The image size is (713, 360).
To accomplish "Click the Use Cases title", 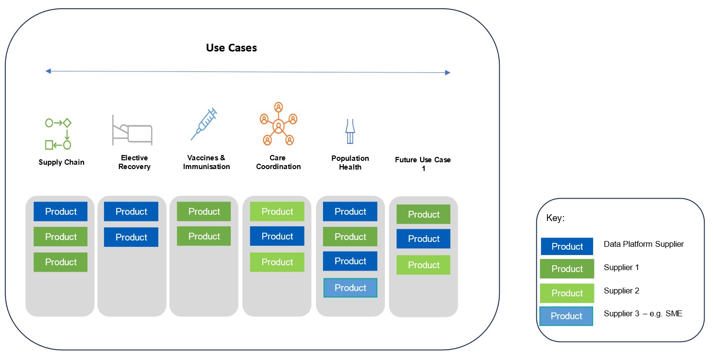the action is (x=231, y=48).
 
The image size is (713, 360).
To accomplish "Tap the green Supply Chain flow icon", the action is (x=58, y=134).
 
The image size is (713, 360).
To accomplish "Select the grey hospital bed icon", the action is (x=132, y=130).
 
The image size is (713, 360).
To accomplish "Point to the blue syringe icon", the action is (x=204, y=124).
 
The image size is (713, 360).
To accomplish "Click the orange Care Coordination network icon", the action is (x=278, y=124).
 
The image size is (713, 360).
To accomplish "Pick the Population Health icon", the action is (x=350, y=131).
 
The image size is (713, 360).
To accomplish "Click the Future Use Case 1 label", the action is (x=423, y=164).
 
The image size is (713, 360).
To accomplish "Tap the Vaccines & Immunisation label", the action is (x=206, y=162).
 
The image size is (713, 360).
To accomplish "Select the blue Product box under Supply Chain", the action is (x=61, y=211).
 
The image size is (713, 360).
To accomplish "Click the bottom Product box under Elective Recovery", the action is (x=131, y=237).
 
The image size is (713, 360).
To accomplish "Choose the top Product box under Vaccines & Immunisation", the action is (x=204, y=211).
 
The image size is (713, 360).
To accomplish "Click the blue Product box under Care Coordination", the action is (x=277, y=236).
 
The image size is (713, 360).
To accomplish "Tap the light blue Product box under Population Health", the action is (x=351, y=288).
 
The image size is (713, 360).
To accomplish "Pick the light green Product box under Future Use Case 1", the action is (x=424, y=265).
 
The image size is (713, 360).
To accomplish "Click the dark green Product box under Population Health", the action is (x=350, y=237).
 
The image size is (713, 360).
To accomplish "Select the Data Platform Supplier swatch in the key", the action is (x=567, y=246).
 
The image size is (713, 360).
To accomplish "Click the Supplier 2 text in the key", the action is (x=621, y=291).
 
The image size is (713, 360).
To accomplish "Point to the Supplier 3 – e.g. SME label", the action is (x=643, y=313).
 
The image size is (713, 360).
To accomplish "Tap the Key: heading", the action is (x=556, y=218).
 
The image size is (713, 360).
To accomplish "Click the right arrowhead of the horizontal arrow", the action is (x=447, y=72).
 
